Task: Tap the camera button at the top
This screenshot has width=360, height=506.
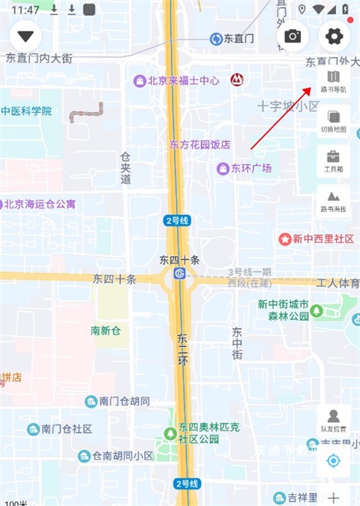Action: (x=292, y=36)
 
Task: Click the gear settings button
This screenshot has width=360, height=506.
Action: (x=334, y=36)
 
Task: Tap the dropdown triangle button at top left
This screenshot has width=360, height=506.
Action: (x=27, y=36)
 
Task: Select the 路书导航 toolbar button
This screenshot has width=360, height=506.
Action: (x=334, y=81)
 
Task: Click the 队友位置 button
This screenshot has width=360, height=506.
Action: (x=334, y=421)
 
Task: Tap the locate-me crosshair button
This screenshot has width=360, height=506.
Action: (x=334, y=460)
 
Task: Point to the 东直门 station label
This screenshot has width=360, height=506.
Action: (x=238, y=38)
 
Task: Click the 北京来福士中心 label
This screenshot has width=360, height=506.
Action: (x=183, y=80)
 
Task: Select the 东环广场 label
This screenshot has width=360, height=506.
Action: (x=250, y=169)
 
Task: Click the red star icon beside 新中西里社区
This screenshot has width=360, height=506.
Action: (x=285, y=239)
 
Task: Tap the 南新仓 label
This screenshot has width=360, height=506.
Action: (x=106, y=331)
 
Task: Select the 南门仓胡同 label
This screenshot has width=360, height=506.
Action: (x=124, y=401)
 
